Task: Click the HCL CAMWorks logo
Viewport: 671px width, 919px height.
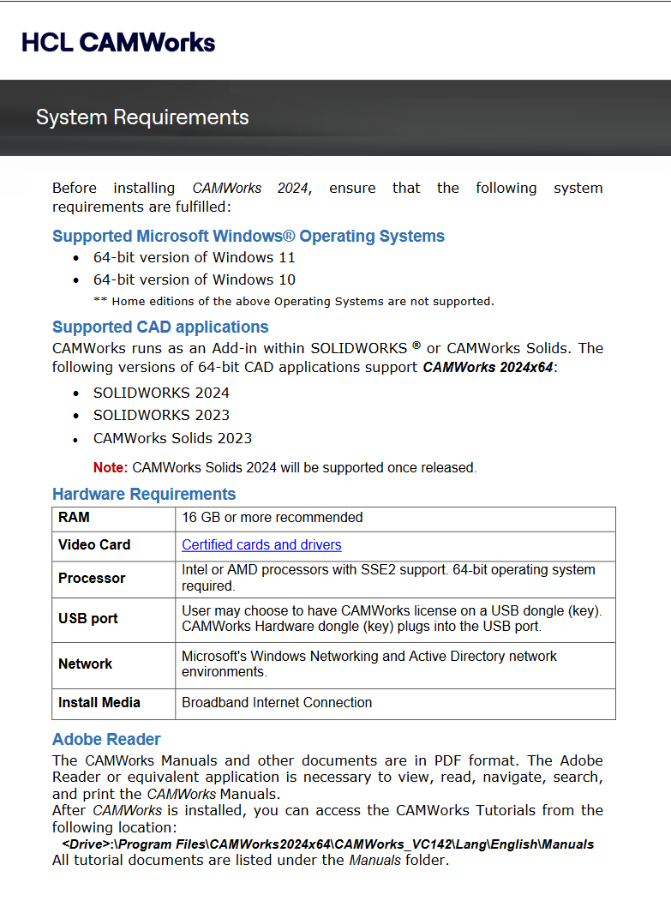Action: point(118,42)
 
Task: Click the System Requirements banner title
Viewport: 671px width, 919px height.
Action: point(142,117)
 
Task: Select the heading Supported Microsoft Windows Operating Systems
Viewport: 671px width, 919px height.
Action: point(248,236)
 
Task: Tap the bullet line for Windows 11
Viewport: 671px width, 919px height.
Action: point(195,257)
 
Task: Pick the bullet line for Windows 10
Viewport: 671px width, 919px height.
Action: point(195,279)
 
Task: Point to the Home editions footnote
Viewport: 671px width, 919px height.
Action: point(293,301)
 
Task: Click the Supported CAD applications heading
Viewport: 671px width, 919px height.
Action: point(160,327)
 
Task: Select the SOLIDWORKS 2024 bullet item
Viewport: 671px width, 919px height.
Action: point(162,393)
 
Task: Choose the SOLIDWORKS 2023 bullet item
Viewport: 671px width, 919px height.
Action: point(162,415)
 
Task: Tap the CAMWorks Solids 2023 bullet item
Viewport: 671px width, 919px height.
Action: point(173,438)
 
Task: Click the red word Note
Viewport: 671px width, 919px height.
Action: point(110,468)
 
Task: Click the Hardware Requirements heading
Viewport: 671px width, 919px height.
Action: point(144,494)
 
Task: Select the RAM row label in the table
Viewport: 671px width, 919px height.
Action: point(74,518)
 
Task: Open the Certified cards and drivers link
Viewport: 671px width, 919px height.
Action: point(261,545)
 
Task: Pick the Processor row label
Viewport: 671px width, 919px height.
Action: point(92,578)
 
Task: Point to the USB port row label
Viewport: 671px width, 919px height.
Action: point(88,618)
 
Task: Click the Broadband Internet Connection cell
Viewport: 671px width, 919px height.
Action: point(277,702)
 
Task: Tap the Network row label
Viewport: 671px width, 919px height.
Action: point(85,664)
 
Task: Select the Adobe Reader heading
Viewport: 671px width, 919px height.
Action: point(106,739)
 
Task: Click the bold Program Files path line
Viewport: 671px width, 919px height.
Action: point(327,844)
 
